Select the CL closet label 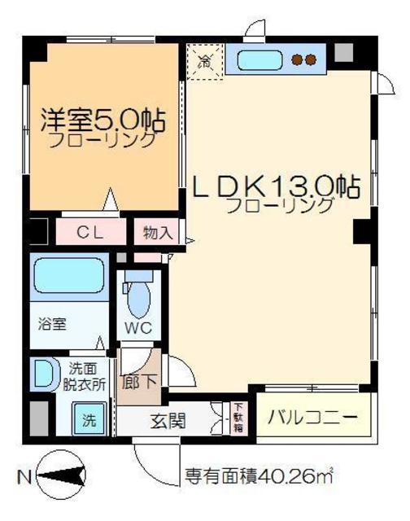pyautogui.click(x=89, y=232)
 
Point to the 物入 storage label pyautogui.click(x=156, y=232)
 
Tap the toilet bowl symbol pyautogui.click(x=139, y=296)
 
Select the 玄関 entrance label pyautogui.click(x=169, y=422)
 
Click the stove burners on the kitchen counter pyautogui.click(x=304, y=59)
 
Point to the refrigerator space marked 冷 pyautogui.click(x=205, y=59)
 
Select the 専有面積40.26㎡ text pyautogui.click(x=260, y=475)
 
